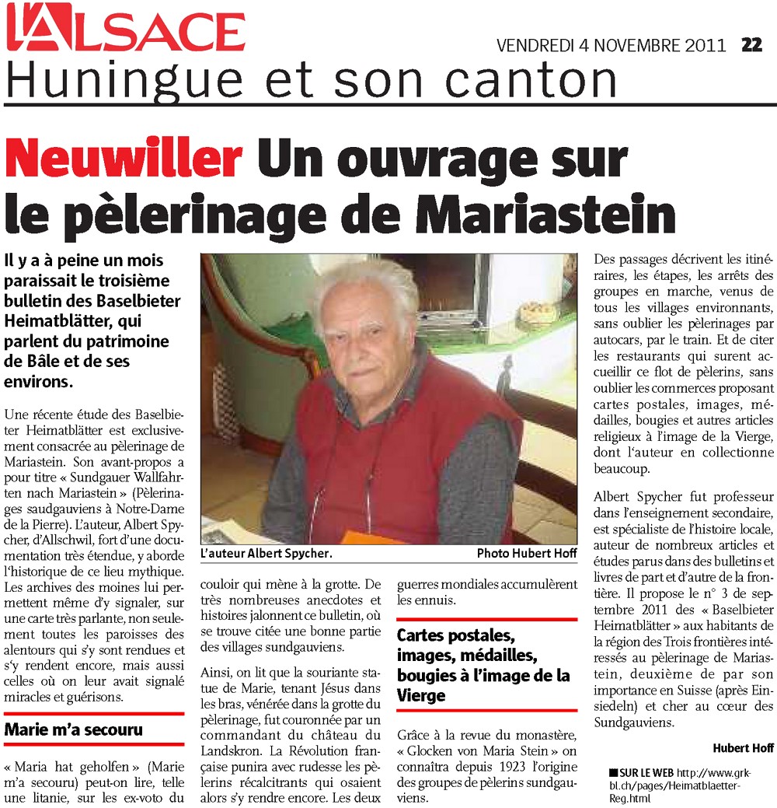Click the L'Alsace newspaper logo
(125, 30)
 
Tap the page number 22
(751, 45)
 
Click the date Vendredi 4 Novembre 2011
(611, 46)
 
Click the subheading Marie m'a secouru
(74, 729)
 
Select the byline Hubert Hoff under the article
(743, 748)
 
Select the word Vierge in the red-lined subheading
(423, 694)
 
